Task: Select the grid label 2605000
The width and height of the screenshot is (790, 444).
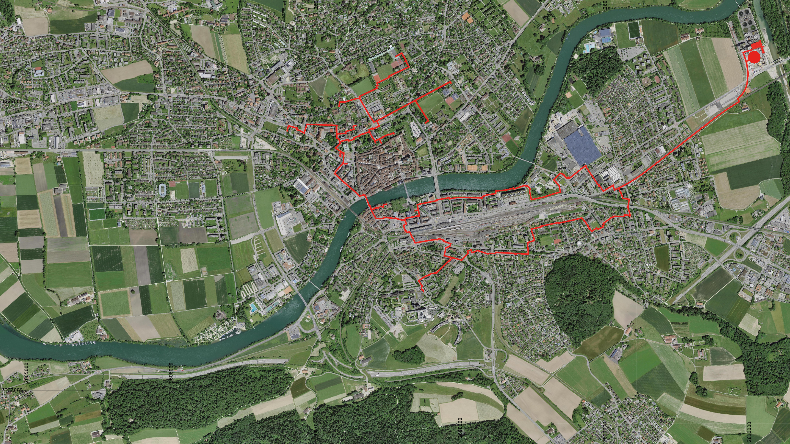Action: (26, 373)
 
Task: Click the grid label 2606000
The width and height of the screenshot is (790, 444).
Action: (171, 371)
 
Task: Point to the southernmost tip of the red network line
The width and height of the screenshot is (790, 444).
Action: (423, 291)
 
